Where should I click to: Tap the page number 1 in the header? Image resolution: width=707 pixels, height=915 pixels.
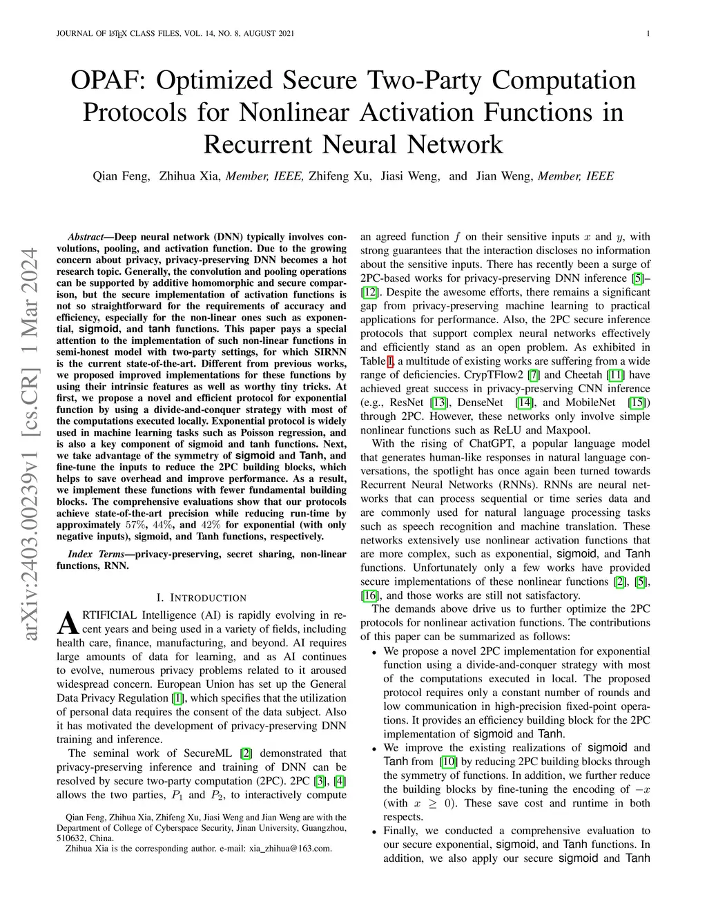(650, 33)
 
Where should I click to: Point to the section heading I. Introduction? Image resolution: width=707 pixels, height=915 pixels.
(202, 597)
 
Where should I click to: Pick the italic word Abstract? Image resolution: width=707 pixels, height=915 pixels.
(86, 237)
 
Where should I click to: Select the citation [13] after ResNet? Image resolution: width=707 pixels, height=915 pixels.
(438, 403)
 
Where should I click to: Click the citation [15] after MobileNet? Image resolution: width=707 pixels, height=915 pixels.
(638, 403)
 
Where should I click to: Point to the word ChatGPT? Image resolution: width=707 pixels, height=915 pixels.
(494, 444)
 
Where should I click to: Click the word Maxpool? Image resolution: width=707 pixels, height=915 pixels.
(571, 430)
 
